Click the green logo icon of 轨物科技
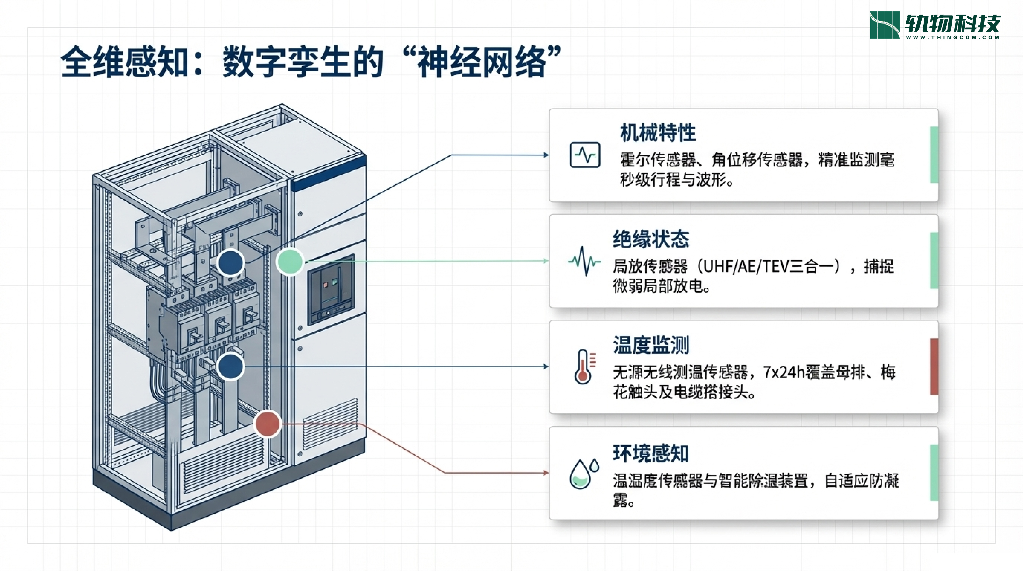(x=884, y=25)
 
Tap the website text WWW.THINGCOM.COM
(x=952, y=37)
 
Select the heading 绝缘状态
(x=651, y=239)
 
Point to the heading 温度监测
(x=651, y=345)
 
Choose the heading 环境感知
(x=651, y=453)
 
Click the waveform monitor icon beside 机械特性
(x=585, y=155)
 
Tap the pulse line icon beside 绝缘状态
(x=584, y=261)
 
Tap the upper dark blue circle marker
(x=231, y=263)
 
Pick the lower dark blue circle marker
(x=230, y=367)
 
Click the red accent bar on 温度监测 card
(x=934, y=367)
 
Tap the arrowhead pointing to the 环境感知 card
(x=546, y=473)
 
